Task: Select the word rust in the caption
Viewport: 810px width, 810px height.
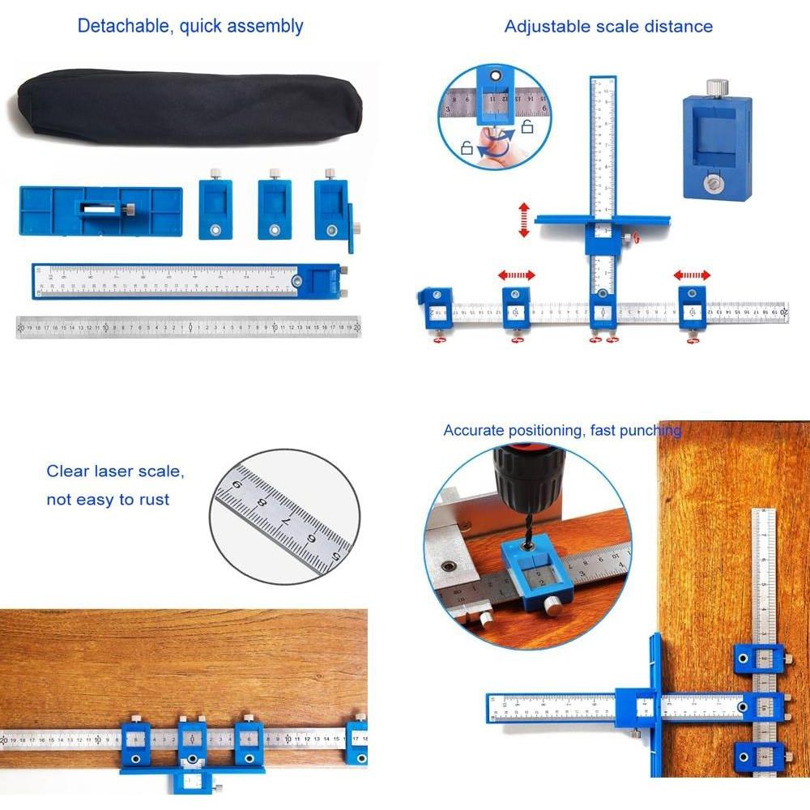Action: (x=153, y=500)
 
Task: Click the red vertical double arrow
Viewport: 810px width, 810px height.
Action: (x=523, y=220)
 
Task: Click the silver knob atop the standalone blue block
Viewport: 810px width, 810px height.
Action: (x=716, y=87)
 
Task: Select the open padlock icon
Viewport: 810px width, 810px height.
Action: (x=526, y=126)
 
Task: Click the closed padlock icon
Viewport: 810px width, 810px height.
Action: (x=467, y=148)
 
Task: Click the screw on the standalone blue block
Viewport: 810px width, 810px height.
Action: (x=716, y=185)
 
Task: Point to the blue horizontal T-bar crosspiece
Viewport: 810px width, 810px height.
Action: (x=603, y=219)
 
